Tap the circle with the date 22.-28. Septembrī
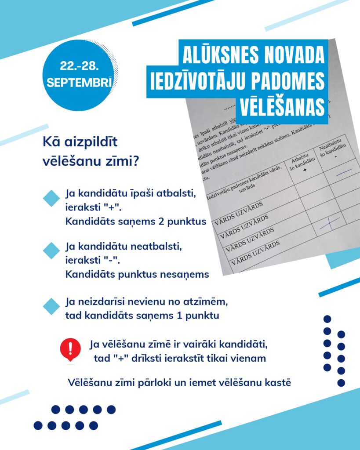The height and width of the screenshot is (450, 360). click(x=79, y=76)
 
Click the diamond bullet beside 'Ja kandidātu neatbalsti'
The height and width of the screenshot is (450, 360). click(x=51, y=250)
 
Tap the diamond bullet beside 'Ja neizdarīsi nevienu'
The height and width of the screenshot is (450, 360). click(x=51, y=306)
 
